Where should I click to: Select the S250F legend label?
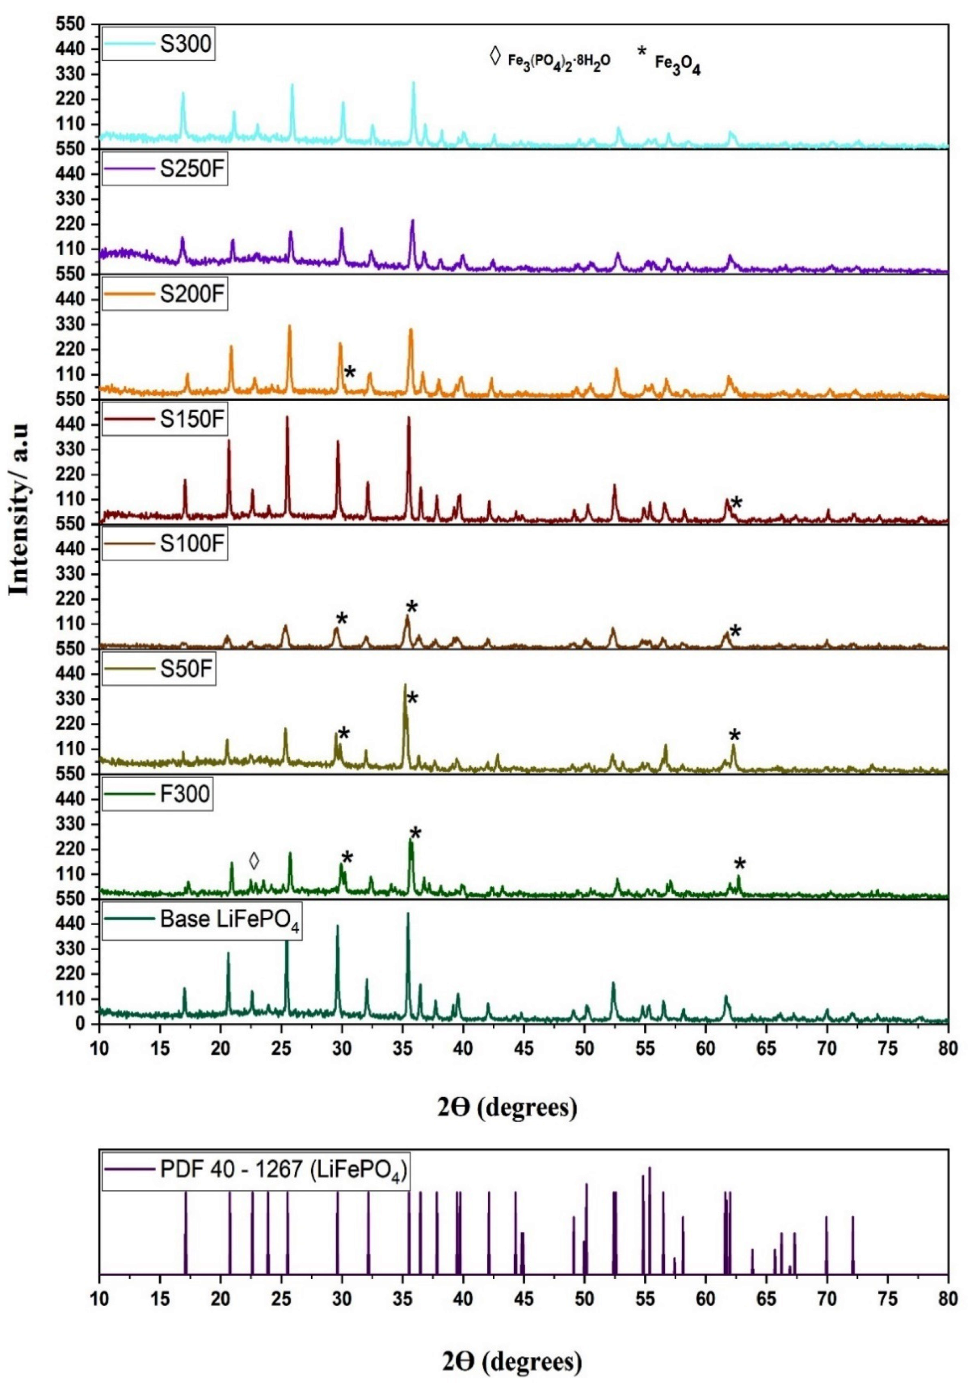192,169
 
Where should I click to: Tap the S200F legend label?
192,295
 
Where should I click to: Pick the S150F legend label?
192,419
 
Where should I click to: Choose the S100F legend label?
192,544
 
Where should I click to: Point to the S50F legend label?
186,669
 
